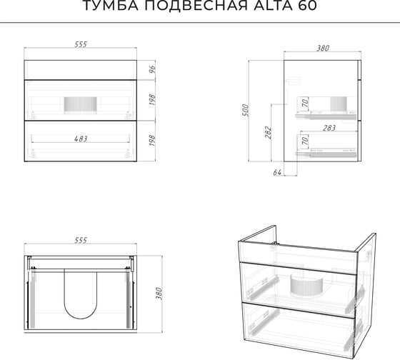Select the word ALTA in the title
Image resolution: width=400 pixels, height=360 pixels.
tap(273, 6)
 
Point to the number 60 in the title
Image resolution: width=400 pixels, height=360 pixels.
tap(307, 6)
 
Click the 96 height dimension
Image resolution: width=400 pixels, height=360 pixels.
tap(152, 69)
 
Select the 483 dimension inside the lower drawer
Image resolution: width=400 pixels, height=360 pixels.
tap(81, 139)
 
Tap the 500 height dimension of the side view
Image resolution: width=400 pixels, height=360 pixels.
tap(245, 110)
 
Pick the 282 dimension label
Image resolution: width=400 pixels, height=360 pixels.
tap(268, 132)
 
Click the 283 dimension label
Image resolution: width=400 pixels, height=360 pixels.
tap(329, 128)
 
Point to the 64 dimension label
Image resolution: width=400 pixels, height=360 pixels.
tap(277, 172)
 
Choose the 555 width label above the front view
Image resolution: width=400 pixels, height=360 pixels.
tap(81, 44)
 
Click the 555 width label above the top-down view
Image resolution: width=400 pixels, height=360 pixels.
tap(81, 240)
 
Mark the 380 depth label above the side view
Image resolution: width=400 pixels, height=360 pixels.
tap(323, 49)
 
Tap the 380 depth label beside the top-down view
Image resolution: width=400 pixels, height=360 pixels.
tap(159, 294)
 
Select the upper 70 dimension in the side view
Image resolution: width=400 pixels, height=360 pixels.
tap(305, 103)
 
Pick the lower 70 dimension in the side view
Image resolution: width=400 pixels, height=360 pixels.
tap(305, 140)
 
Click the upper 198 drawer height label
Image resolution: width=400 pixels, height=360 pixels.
tap(152, 100)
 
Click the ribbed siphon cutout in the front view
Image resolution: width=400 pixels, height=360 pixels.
tap(80, 105)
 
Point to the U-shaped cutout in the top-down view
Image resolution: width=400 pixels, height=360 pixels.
tap(80, 319)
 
